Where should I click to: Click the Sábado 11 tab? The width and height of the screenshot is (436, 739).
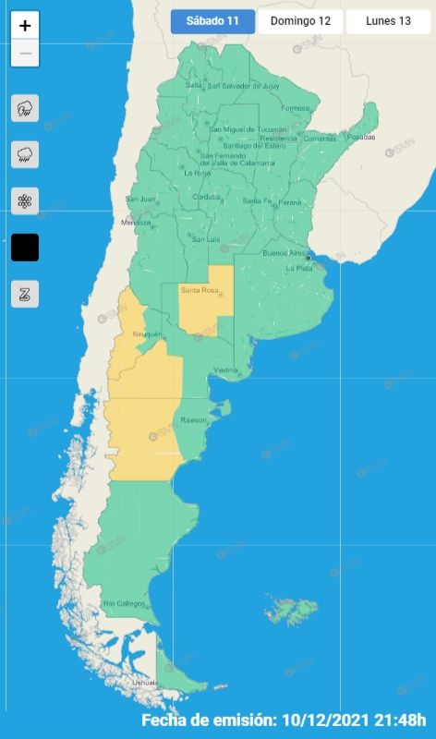click(x=212, y=21)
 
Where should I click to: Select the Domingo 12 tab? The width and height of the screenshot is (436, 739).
click(x=299, y=21)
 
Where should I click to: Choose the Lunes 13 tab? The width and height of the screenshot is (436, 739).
click(x=388, y=21)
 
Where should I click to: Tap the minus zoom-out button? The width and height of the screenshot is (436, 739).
click(x=25, y=53)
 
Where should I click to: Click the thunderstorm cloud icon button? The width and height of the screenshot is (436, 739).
click(x=25, y=108)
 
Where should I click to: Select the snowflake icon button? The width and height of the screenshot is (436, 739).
click(x=25, y=200)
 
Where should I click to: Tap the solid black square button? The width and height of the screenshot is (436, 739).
click(x=25, y=248)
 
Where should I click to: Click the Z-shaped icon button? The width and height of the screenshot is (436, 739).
click(x=25, y=294)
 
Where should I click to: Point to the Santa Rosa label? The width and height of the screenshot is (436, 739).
click(x=200, y=291)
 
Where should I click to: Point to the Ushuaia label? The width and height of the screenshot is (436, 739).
click(x=145, y=682)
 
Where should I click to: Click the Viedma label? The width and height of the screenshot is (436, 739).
click(x=226, y=370)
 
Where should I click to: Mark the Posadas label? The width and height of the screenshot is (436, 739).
click(x=361, y=137)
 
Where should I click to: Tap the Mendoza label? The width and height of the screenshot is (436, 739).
click(x=135, y=223)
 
